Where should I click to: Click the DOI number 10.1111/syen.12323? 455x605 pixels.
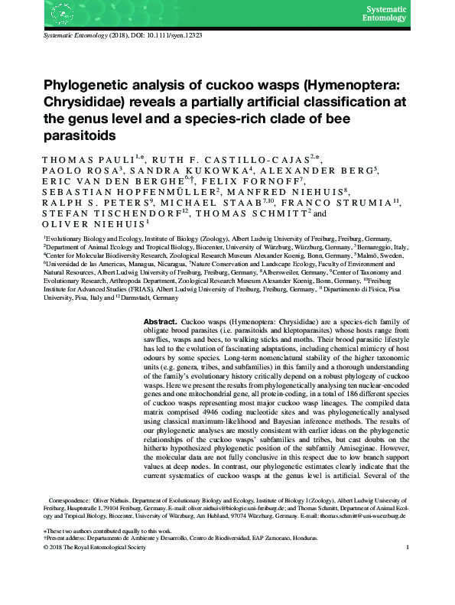(167, 36)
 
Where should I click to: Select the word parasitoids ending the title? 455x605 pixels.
(79, 136)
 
